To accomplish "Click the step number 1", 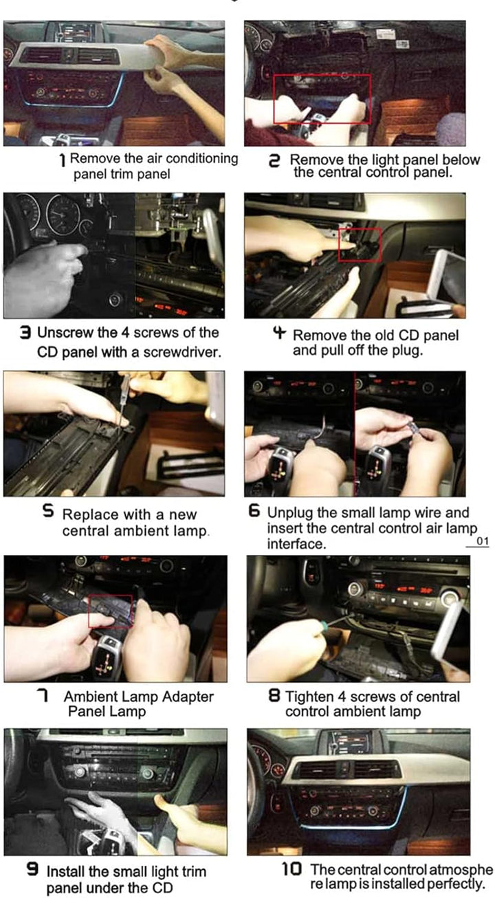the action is (x=62, y=160).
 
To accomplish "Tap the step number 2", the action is (x=274, y=160).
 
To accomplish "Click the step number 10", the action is (x=291, y=868).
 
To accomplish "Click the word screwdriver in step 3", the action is (x=182, y=352).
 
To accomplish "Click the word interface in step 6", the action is (x=296, y=544).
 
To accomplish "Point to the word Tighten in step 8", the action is (x=311, y=697).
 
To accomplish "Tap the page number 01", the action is (x=483, y=541).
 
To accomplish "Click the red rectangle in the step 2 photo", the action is (x=274, y=98).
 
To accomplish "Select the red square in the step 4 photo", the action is (x=339, y=245).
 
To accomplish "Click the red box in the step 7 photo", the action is (x=89, y=611).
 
